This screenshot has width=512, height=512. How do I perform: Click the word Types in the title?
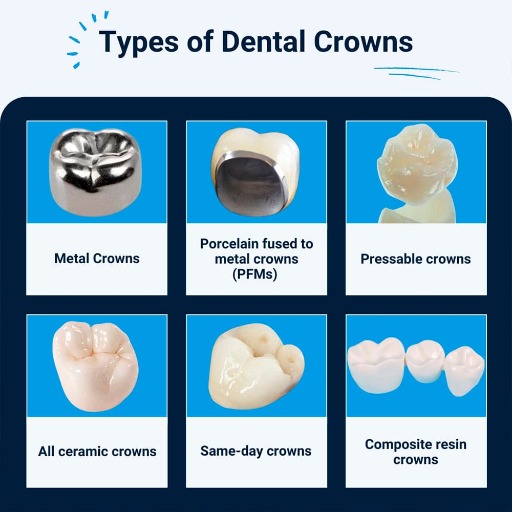139,42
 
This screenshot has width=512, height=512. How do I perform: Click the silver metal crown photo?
95,172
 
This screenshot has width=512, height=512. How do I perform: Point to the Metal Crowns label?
97,258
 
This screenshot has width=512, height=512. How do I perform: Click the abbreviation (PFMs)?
254,274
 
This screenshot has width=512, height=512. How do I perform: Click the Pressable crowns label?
416,259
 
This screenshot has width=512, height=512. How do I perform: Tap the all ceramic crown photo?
95,366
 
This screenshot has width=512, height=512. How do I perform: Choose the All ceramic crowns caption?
97,452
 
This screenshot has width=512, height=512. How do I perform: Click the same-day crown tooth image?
256,366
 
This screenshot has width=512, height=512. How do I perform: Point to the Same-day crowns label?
256,451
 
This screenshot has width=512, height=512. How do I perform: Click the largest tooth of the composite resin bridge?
376,365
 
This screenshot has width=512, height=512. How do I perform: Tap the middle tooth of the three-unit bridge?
425,361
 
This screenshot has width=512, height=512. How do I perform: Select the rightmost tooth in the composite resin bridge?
464,371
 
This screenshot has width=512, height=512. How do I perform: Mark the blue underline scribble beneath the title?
416,73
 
